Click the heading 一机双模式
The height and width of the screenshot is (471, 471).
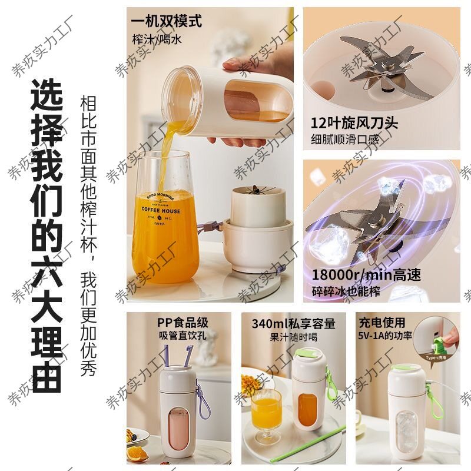pos(167,22)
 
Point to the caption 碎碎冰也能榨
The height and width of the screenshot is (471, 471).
pos(347,291)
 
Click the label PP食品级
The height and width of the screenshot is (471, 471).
pos(183,323)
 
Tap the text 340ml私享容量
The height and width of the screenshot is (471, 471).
pos(294,323)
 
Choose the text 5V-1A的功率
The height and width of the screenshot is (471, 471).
pos(384,336)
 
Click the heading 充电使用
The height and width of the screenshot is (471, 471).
pos(382,323)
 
